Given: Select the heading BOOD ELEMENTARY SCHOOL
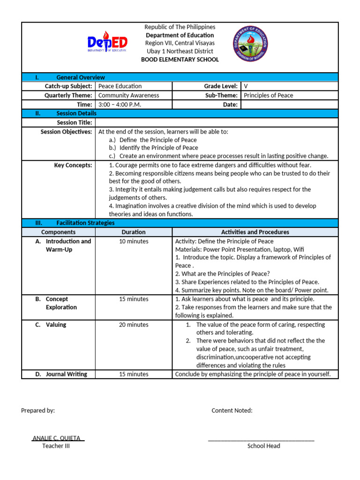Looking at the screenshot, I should pyautogui.click(x=180, y=60).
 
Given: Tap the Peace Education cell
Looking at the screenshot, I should pyautogui.click(x=120, y=86).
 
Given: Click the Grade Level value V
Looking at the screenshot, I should pyautogui.click(x=246, y=86).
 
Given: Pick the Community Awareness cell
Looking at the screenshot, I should pyautogui.click(x=128, y=95).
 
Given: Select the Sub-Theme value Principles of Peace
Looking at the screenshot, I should pyautogui.click(x=269, y=95).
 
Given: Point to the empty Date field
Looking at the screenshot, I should pyautogui.click(x=289, y=105).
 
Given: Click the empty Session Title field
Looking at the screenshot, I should pyautogui.click(x=216, y=122).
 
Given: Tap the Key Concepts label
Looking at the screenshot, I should pyautogui.click(x=73, y=165).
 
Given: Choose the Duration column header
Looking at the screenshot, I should pyautogui.click(x=134, y=232).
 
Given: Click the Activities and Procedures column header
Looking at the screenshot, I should pyautogui.click(x=255, y=232).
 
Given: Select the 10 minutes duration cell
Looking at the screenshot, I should pyautogui.click(x=134, y=241).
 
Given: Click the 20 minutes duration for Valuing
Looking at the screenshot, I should pyautogui.click(x=134, y=325).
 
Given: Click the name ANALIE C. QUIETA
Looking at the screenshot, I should pyautogui.click(x=58, y=438).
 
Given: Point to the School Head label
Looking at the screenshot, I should pyautogui.click(x=263, y=446).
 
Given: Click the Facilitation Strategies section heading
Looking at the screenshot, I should pyautogui.click(x=85, y=223).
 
